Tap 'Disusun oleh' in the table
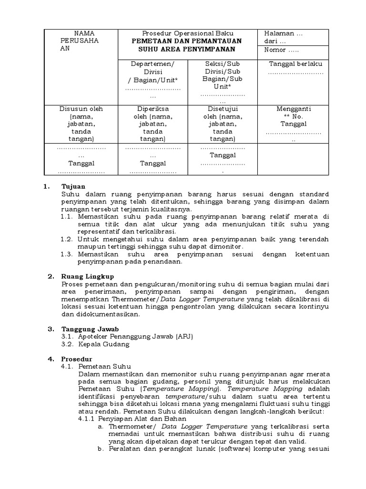click(x=81, y=108)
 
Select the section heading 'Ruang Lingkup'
click(x=88, y=276)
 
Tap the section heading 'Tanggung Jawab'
click(x=89, y=329)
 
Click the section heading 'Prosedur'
click(x=76, y=359)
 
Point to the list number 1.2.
click(x=66, y=239)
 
